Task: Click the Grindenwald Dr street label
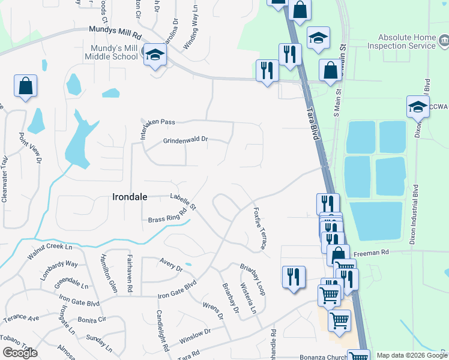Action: coord(185,140)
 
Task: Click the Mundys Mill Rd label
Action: coord(115,29)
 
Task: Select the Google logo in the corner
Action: coord(20,353)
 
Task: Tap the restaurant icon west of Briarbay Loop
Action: coord(294,277)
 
